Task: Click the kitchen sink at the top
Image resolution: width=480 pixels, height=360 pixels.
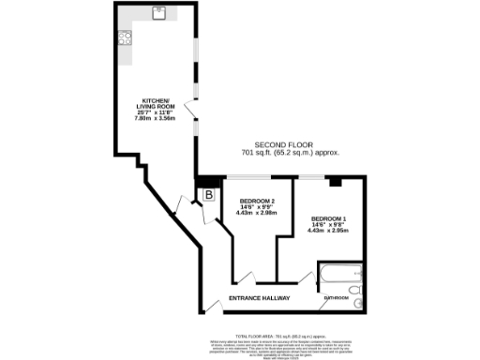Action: click(160, 14)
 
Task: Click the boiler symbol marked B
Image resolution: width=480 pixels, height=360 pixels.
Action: click(209, 194)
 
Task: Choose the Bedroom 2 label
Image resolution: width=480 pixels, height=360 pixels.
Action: click(256, 202)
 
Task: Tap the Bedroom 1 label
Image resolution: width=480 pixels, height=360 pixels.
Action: click(328, 219)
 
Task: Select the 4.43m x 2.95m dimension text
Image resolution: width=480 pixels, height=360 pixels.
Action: click(328, 232)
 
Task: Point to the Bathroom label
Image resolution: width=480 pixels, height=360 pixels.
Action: click(335, 298)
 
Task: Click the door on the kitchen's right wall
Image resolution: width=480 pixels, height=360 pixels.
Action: click(193, 113)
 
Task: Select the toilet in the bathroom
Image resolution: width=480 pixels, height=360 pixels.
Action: click(357, 302)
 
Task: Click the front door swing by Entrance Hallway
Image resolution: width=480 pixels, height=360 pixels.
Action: click(214, 302)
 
